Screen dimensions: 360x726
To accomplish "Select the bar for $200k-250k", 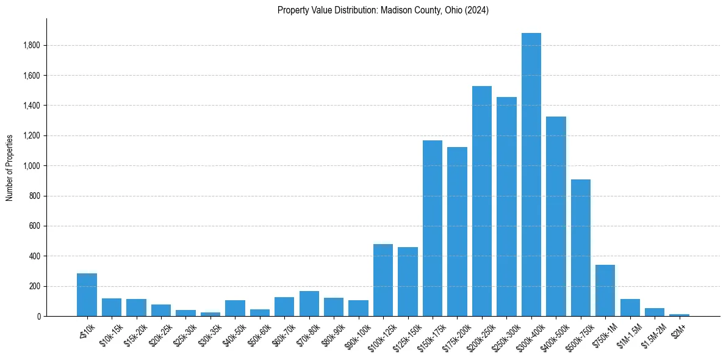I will pyautogui.click(x=481, y=201).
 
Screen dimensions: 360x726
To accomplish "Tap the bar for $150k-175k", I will pyautogui.click(x=432, y=228).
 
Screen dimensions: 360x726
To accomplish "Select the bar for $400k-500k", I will pyautogui.click(x=556, y=216).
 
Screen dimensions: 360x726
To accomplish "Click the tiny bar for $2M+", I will pyautogui.click(x=679, y=315).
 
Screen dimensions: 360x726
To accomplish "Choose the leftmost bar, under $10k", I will pyautogui.click(x=87, y=295).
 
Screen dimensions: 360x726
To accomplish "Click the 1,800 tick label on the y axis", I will pyautogui.click(x=32, y=46).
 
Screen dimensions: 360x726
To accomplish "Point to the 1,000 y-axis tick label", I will pyautogui.click(x=32, y=166).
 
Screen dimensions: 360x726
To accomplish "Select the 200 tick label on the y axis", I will pyautogui.click(x=35, y=286).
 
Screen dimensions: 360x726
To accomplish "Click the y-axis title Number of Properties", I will pyautogui.click(x=10, y=167).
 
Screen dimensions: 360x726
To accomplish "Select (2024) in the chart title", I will pyautogui.click(x=476, y=10).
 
